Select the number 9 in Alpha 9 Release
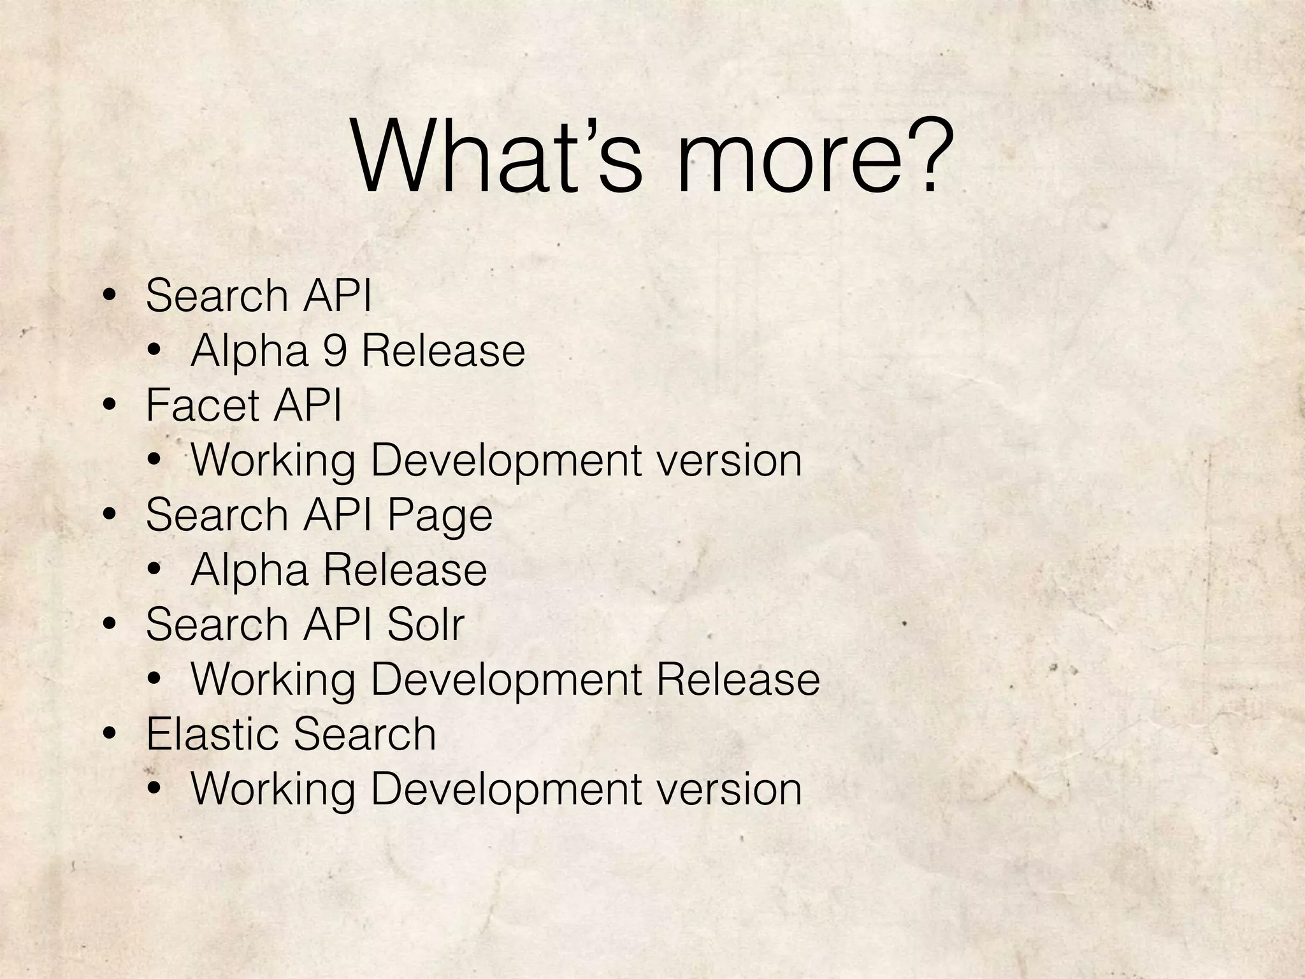335,351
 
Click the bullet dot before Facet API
110,405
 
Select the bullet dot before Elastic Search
110,734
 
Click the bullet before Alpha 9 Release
154,352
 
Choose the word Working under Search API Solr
273,680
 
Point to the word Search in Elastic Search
364,733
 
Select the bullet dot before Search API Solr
110,625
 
